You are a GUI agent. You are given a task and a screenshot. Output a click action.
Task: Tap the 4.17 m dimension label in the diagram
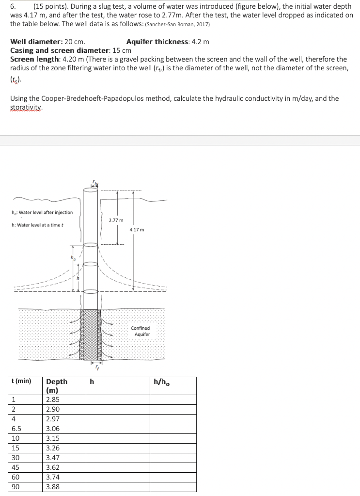pyautogui.click(x=137, y=229)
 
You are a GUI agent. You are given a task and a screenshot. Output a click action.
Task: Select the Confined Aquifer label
pyautogui.click(x=140, y=331)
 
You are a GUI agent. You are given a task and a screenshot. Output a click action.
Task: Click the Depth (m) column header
pyautogui.click(x=57, y=386)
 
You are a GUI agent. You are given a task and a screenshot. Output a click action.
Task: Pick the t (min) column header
pyautogui.click(x=21, y=381)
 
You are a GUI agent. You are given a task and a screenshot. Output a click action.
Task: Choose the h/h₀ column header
pyautogui.click(x=161, y=382)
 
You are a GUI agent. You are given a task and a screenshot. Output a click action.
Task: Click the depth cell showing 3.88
pyautogui.click(x=52, y=487)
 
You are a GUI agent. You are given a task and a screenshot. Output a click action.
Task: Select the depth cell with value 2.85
pyautogui.click(x=52, y=400)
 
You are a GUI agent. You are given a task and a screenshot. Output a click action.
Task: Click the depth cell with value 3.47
pyautogui.click(x=52, y=458)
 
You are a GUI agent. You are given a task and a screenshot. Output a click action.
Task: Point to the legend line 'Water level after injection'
pyautogui.click(x=42, y=212)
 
